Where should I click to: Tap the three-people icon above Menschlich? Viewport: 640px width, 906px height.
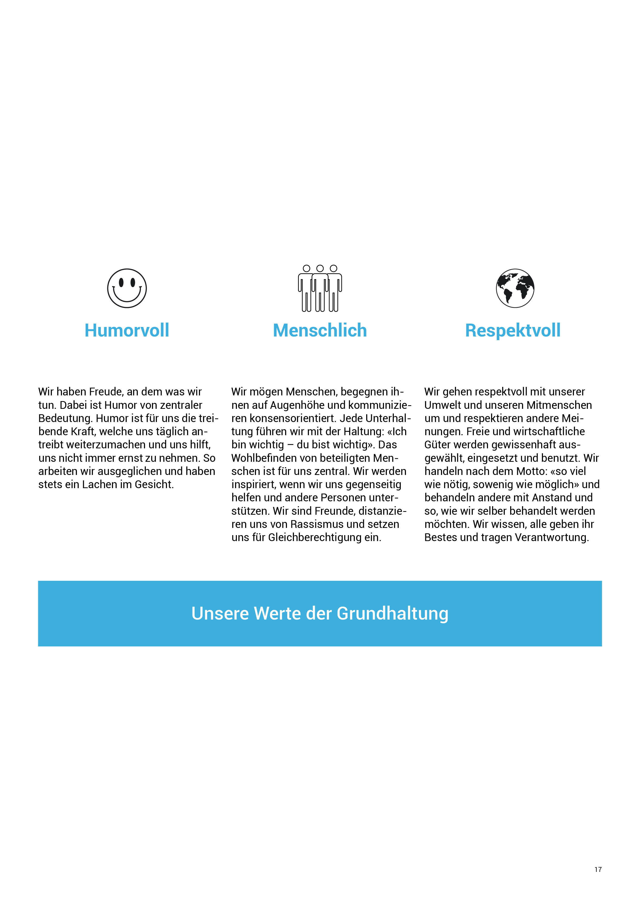[x=320, y=288]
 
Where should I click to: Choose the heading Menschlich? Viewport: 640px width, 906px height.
[x=320, y=330]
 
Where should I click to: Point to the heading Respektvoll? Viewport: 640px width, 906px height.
[x=513, y=330]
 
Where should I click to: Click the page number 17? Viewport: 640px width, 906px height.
[x=598, y=869]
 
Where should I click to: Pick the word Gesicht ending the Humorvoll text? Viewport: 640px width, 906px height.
[x=154, y=485]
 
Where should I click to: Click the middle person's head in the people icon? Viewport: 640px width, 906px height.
[x=320, y=268]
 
